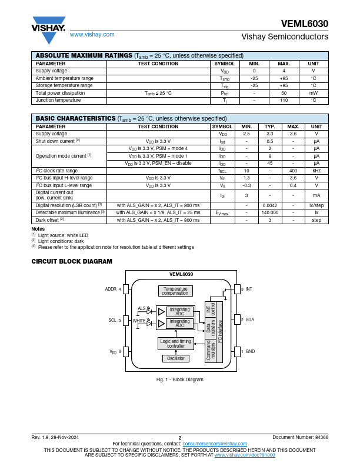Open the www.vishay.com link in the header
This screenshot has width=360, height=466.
[92, 35]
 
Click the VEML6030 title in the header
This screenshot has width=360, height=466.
[305, 24]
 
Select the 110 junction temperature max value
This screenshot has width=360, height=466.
[284, 101]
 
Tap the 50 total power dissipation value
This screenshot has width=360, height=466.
[284, 93]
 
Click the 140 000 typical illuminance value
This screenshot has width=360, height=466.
[269, 212]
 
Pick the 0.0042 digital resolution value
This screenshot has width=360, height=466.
[269, 205]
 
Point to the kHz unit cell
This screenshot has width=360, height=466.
[316, 171]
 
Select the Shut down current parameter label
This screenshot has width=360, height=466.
[58, 141]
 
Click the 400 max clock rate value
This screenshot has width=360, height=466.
[292, 171]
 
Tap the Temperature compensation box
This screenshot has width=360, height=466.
[175, 291]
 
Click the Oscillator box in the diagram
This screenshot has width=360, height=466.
[175, 358]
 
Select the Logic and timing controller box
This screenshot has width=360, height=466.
[175, 344]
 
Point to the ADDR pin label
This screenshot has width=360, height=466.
[111, 289]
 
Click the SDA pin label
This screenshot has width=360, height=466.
[249, 320]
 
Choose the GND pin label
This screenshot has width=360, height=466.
[249, 351]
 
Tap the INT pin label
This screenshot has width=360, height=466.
[248, 289]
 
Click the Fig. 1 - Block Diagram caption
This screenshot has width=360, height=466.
[179, 380]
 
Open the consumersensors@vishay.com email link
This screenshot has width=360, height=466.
[215, 444]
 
